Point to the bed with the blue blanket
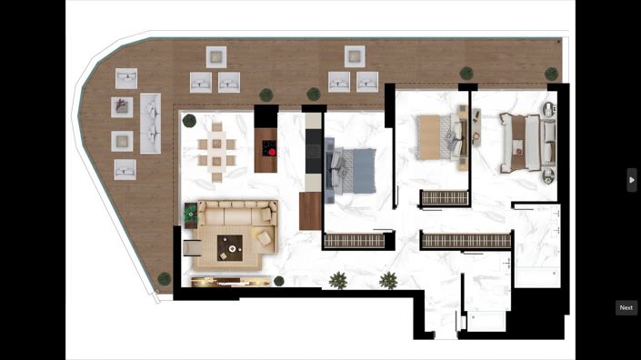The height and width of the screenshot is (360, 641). tap(351, 170)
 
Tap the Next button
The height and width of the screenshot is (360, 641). tap(626, 307)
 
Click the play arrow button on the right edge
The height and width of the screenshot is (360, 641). tap(632, 179)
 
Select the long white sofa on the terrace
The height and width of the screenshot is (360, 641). tap(150, 123)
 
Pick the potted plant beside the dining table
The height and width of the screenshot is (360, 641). tap(189, 120)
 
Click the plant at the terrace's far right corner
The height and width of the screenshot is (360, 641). tap(551, 74)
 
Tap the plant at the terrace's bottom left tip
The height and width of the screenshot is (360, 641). tap(164, 279)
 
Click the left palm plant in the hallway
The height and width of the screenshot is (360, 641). tap(338, 279)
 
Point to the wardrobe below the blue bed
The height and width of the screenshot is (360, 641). tap(355, 241)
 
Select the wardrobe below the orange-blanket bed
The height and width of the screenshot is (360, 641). tap(445, 197)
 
